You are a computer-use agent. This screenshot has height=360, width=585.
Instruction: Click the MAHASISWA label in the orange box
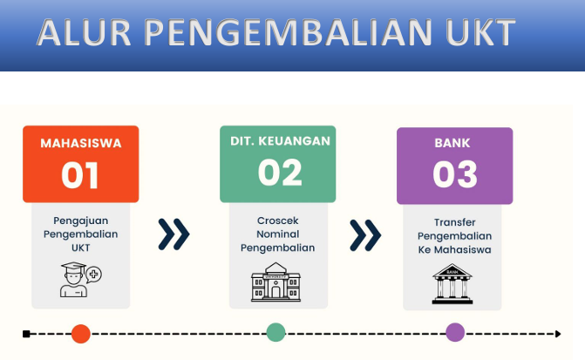pos(80,142)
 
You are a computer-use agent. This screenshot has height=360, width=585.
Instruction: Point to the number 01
pos(80,175)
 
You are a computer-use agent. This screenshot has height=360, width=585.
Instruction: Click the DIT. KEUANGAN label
pos(277,140)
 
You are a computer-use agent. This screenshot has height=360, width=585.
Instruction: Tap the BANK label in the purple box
pos(455,142)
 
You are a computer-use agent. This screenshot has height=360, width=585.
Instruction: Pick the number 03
pos(455,174)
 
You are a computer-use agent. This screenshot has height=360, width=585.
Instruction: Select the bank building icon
pos(452,283)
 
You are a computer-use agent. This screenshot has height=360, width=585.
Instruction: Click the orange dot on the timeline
pos(81,333)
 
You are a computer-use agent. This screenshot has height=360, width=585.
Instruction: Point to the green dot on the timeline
pos(276,332)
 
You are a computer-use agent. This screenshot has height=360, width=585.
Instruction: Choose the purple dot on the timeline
pos(455,332)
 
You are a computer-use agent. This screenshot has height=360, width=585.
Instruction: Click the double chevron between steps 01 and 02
pos(173,233)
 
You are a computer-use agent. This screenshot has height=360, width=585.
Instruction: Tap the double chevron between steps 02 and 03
pos(364,234)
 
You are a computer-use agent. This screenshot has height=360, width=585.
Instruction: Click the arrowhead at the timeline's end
pos(557,333)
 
